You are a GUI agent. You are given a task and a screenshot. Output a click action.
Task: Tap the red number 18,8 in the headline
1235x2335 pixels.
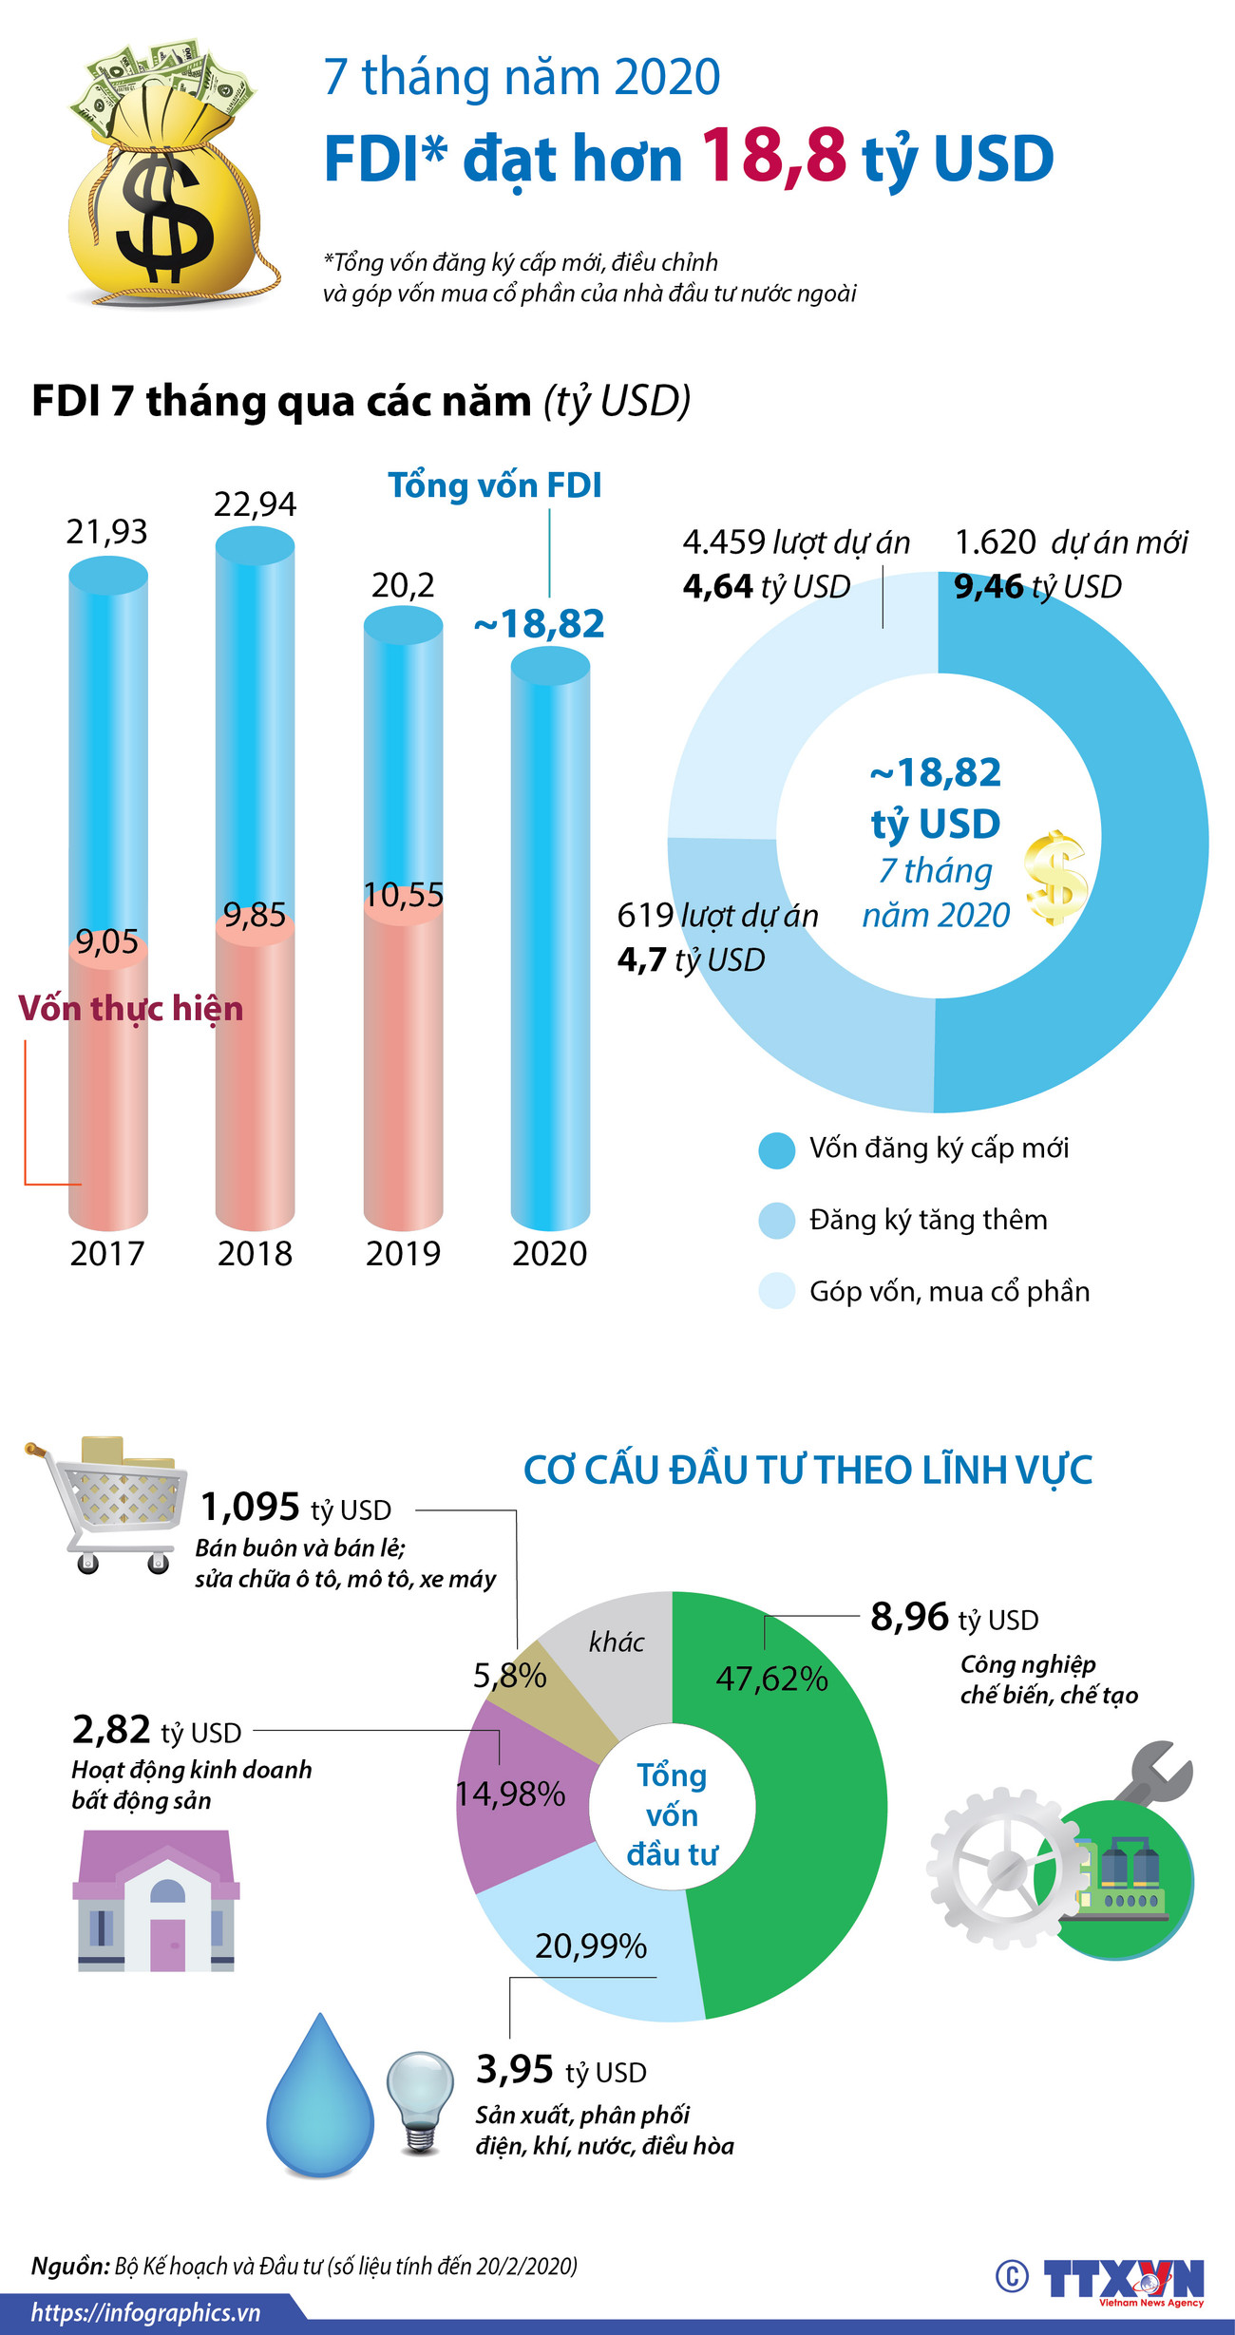pos(773,156)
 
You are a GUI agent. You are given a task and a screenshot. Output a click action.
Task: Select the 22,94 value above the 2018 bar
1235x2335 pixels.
pos(255,504)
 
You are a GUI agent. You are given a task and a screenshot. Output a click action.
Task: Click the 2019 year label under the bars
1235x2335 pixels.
pos(403,1254)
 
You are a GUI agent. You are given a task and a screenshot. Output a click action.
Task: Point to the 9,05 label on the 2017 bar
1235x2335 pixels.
pos(107,942)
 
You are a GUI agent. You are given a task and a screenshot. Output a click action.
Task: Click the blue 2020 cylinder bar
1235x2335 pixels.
pos(550,950)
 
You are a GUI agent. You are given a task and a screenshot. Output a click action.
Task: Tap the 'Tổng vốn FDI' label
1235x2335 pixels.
pos(495,485)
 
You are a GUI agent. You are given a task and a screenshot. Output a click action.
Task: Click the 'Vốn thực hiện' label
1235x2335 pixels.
pos(131,1008)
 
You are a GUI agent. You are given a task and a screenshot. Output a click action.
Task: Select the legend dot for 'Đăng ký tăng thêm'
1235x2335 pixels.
pos(776,1221)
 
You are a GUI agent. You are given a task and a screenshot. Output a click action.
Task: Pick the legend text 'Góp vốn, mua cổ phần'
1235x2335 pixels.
pos(949,1292)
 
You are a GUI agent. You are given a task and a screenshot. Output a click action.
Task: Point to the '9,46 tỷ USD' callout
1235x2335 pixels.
pos(1037,587)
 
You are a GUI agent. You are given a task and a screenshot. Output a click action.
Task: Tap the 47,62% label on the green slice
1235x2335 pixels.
pos(771,1679)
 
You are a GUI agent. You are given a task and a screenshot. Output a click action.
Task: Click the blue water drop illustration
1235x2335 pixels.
pos(320,2099)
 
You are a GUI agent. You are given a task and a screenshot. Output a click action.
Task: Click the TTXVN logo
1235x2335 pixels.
pos(1123,2279)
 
